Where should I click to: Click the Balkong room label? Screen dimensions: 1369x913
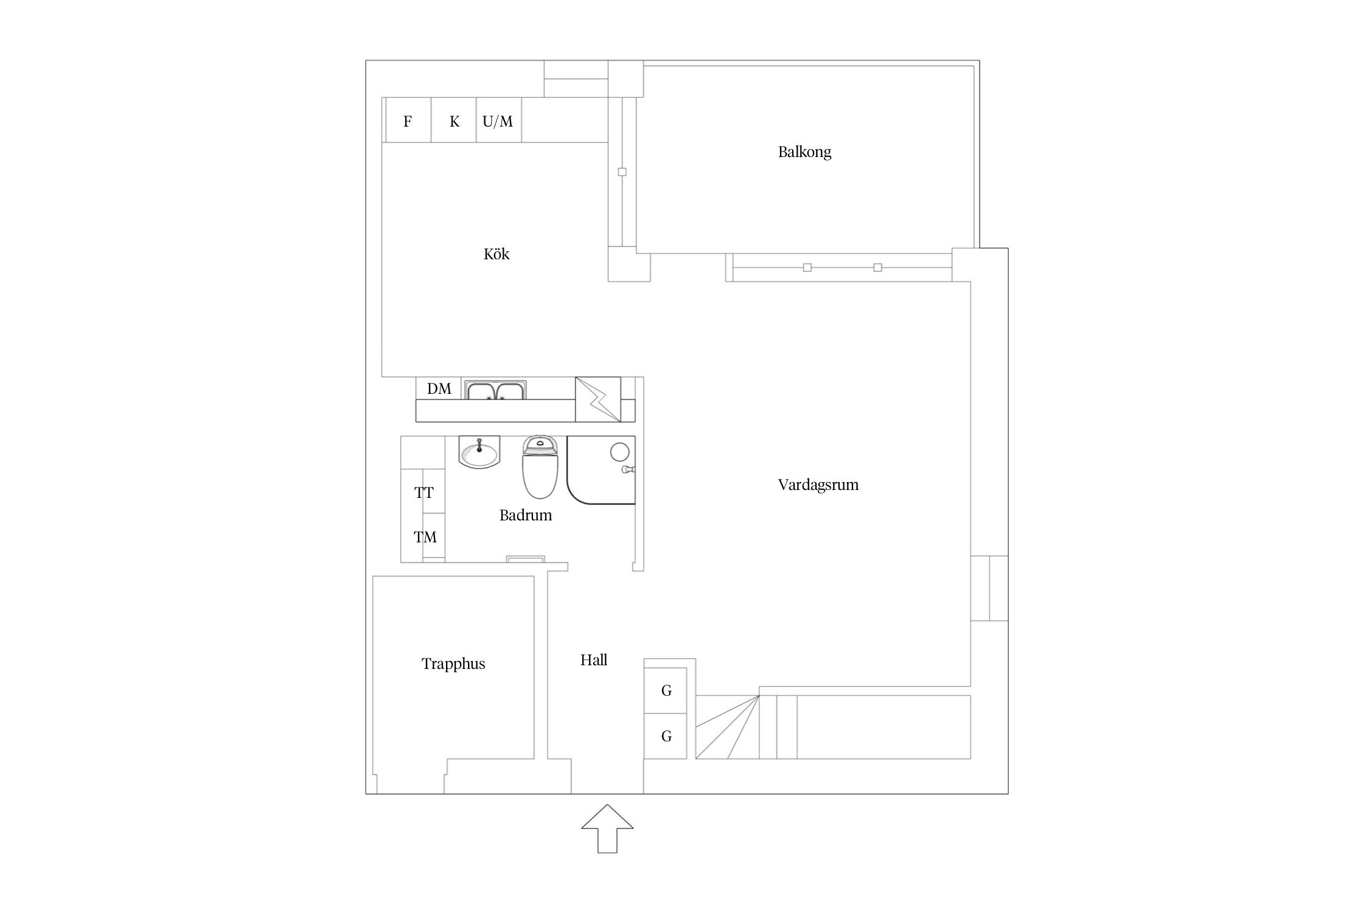804,152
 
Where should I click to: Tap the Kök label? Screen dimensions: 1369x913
496,253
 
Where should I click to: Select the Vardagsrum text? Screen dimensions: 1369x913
818,484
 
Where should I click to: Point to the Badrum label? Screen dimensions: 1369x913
526,515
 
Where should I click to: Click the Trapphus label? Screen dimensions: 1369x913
453,663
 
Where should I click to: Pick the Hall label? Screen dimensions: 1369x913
594,660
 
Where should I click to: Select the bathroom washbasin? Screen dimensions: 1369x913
479,453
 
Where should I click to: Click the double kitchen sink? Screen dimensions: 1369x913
496,390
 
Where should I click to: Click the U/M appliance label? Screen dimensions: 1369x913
498,121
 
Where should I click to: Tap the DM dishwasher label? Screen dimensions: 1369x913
439,388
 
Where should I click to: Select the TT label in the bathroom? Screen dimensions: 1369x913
424,492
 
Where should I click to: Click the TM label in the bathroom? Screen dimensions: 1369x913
425,537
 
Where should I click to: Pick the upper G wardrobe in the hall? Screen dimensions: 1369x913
666,690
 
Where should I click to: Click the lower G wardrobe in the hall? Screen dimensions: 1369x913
666,736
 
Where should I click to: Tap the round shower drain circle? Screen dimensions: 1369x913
619,452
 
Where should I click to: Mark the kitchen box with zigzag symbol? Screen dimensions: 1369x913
598,399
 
